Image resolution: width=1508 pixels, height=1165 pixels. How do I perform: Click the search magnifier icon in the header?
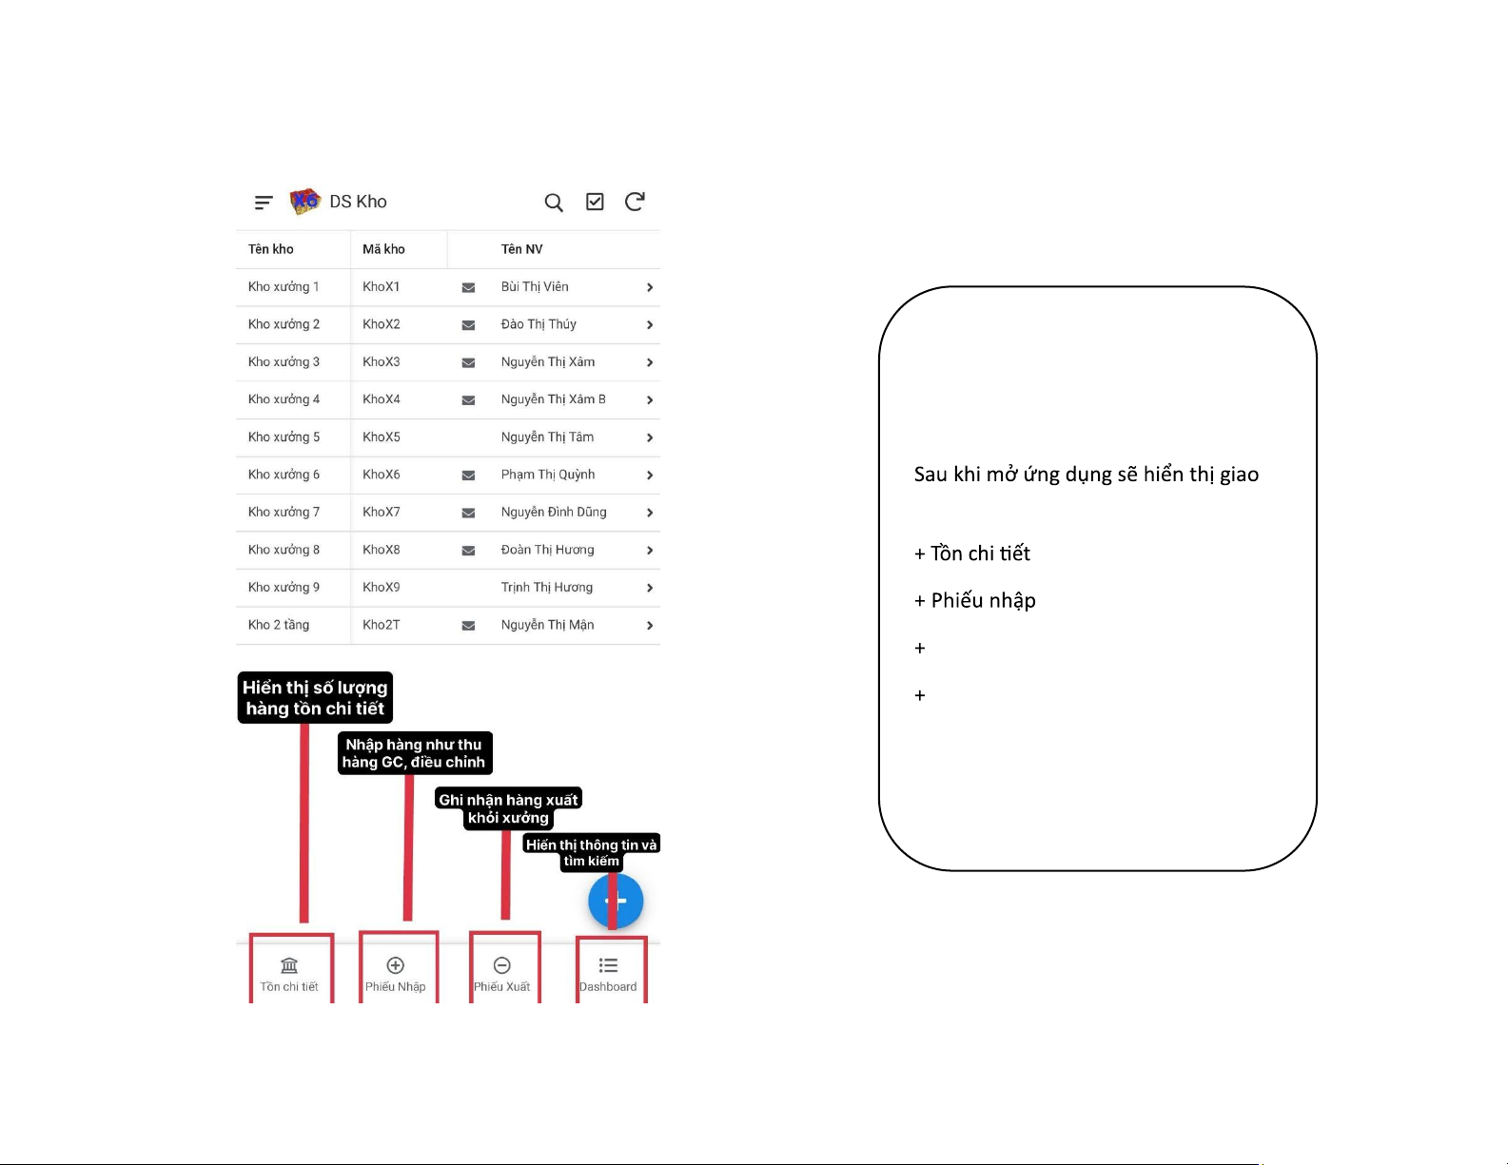tap(553, 203)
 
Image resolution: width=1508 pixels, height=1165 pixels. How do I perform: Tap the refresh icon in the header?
tap(635, 201)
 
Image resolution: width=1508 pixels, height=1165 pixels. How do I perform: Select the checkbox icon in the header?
tap(595, 201)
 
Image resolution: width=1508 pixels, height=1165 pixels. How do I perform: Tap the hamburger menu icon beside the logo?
tap(263, 203)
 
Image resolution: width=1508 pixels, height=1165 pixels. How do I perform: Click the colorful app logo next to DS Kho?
tap(304, 201)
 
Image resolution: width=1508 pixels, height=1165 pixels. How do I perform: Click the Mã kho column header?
tap(383, 249)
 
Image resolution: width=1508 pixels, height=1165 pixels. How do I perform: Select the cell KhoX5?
tap(381, 437)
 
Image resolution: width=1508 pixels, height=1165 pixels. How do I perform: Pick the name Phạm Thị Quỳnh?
tap(548, 475)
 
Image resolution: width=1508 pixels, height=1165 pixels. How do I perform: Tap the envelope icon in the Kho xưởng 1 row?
tap(468, 288)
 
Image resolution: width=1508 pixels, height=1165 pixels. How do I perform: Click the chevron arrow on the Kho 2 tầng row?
tap(650, 626)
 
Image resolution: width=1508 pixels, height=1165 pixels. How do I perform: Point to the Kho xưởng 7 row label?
tap(284, 512)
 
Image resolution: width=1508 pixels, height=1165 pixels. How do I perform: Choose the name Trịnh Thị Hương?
tap(547, 588)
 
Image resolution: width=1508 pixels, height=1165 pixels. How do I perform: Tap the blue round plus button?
tap(616, 901)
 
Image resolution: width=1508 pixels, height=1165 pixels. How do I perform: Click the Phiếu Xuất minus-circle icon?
tap(501, 965)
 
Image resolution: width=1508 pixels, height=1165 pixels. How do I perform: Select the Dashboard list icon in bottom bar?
tap(608, 965)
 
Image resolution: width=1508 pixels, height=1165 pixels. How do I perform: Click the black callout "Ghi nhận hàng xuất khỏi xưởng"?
tap(508, 808)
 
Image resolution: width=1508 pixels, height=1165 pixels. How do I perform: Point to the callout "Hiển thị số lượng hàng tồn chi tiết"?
tap(315, 698)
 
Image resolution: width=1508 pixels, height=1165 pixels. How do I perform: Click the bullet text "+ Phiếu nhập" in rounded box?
tap(974, 600)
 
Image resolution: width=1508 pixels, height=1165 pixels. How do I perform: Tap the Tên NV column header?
tap(522, 249)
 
